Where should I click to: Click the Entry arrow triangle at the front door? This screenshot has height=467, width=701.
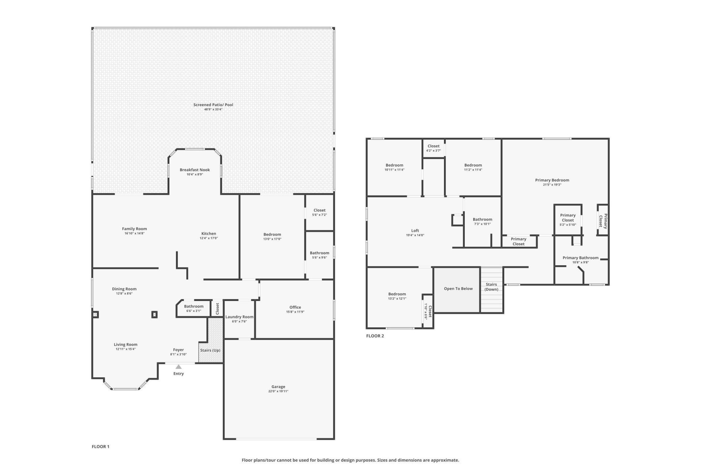pos(178,367)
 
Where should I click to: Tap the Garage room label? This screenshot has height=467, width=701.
pos(278,386)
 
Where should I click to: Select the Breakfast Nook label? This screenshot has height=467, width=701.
pos(195,170)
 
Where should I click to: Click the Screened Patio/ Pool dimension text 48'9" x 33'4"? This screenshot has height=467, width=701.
pos(213,109)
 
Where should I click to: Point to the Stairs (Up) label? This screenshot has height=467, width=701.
pos(210,350)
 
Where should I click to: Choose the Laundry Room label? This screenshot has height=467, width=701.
pos(239,317)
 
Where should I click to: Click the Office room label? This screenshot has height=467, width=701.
pos(295,307)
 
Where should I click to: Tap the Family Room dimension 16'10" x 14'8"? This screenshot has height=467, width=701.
pos(134,233)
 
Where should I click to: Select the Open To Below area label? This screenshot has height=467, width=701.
pos(458,289)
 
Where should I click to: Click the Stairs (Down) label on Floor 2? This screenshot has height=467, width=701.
pos(491,287)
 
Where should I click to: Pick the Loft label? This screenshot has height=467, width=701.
pos(415,231)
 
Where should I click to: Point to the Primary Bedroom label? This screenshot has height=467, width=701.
pos(552,180)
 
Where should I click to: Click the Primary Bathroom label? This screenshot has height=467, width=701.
pos(580,258)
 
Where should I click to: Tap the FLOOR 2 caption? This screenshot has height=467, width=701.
pos(375,336)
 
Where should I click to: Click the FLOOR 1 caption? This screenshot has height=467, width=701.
pos(100,447)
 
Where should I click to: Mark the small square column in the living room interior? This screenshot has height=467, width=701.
pos(154,314)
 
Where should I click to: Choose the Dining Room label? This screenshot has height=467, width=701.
pos(124,289)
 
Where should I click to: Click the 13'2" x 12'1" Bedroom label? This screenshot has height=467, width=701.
pos(397,294)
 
